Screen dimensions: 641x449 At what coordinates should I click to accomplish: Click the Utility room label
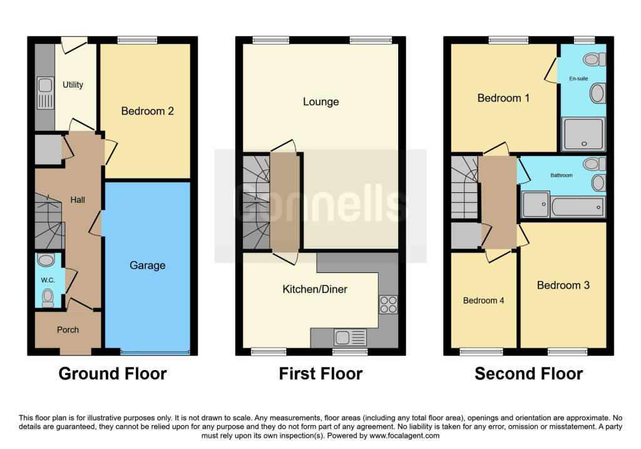(73, 85)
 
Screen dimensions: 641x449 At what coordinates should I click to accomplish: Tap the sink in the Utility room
(45, 93)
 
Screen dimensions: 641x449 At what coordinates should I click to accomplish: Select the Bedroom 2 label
(148, 111)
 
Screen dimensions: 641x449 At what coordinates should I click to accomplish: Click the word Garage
(148, 266)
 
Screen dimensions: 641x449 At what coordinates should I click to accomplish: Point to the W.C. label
(48, 280)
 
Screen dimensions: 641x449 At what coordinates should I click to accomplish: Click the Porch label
(68, 329)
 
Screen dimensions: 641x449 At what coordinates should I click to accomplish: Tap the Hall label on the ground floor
(78, 200)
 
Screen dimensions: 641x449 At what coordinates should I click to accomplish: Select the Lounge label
(321, 101)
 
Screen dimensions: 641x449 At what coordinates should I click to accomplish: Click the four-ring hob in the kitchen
(388, 304)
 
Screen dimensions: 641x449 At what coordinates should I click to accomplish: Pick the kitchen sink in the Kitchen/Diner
(351, 338)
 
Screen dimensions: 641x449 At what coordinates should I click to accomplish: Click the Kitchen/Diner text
(315, 289)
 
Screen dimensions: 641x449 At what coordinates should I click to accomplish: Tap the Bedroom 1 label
(503, 98)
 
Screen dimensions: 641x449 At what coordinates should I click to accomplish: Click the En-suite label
(578, 78)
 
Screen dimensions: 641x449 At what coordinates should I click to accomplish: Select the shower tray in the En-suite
(584, 134)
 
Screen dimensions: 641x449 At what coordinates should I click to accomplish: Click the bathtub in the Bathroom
(578, 207)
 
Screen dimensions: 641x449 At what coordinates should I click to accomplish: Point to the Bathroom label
(562, 175)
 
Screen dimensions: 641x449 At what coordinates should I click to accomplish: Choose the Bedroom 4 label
(484, 301)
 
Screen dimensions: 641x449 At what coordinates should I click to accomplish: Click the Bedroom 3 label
(563, 285)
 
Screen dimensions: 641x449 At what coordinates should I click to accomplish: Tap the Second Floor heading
(528, 374)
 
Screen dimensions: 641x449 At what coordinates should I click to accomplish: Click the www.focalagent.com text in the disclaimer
(404, 435)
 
